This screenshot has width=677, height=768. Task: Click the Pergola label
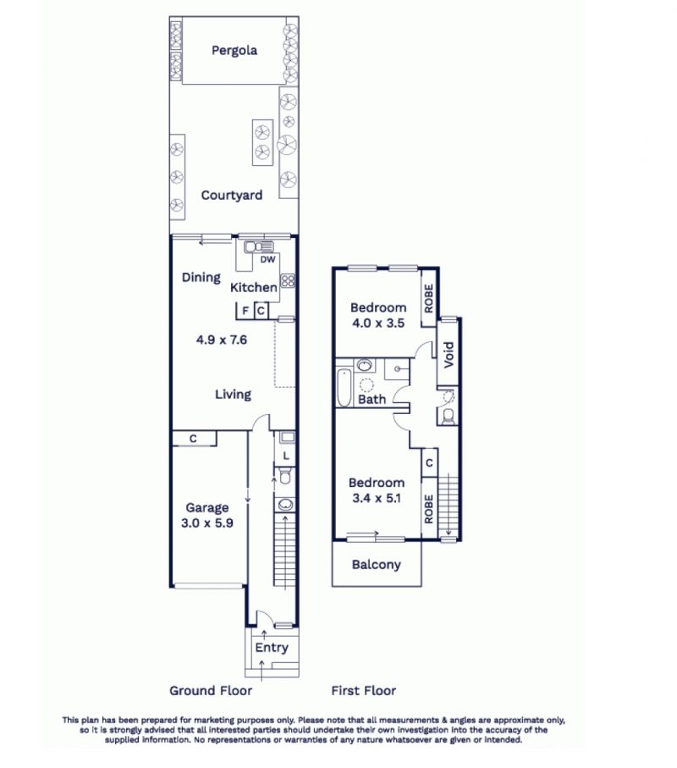pos(234,51)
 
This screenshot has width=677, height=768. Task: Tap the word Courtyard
pos(232,196)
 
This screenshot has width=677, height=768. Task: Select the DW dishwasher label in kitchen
pos(267,260)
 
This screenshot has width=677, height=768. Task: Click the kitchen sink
pos(258,247)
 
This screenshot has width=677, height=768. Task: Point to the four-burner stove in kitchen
pos(288,280)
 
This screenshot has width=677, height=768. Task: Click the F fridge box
pos(245,311)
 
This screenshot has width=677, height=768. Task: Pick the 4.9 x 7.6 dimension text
pos(221,340)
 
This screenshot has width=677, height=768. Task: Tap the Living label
pos(233,395)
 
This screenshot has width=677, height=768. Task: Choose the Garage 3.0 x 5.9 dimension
pos(207,523)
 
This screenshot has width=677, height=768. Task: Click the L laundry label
pos(286,456)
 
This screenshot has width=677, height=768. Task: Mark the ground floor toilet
pos(284,476)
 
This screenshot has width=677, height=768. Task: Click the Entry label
pos(272,648)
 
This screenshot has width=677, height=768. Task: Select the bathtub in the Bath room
pos(344,388)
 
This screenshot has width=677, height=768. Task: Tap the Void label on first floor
pos(449,355)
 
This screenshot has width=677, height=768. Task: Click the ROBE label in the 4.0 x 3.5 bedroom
pos(429,299)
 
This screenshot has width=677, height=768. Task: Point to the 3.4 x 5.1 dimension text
pos(377,498)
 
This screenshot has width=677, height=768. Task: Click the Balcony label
pos(377,565)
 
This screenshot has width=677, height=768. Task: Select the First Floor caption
pos(364,691)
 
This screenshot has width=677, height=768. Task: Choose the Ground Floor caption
pos(211,691)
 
